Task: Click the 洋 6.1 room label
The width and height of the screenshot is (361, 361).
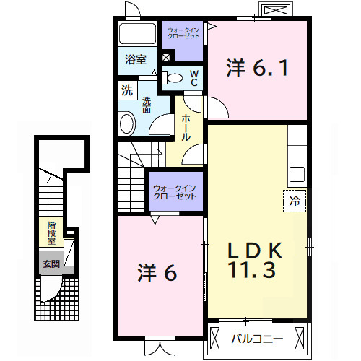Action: pyautogui.click(x=258, y=68)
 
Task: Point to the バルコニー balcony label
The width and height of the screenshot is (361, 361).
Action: pyautogui.click(x=253, y=337)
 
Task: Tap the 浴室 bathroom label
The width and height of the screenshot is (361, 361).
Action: pyautogui.click(x=135, y=60)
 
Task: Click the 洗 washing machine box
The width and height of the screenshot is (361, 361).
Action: pyautogui.click(x=127, y=91)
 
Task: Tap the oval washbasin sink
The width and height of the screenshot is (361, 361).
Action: pyautogui.click(x=127, y=123)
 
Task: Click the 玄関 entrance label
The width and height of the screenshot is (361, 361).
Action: pyautogui.click(x=51, y=264)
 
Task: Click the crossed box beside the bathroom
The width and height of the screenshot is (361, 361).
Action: pyautogui.click(x=166, y=58)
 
